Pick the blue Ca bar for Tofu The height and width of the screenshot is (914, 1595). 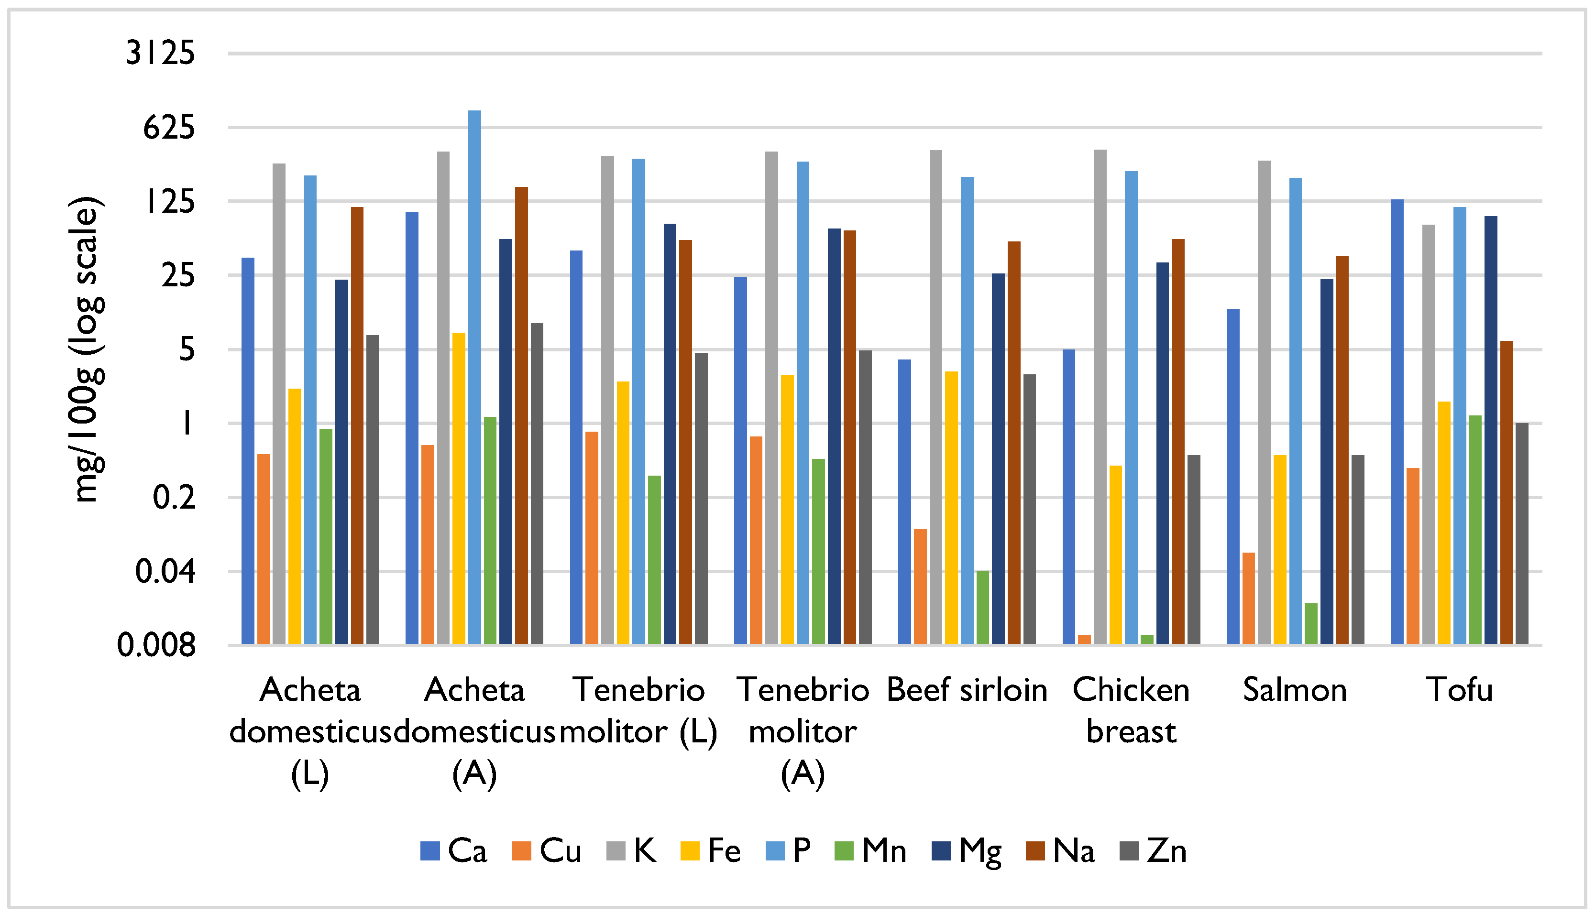pyautogui.click(x=1397, y=421)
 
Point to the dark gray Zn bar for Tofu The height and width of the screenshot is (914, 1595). pyautogui.click(x=1521, y=533)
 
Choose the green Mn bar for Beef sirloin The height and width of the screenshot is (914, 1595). pyautogui.click(x=982, y=607)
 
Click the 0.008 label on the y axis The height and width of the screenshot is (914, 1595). pyautogui.click(x=156, y=645)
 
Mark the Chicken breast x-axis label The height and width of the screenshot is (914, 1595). pyautogui.click(x=1131, y=711)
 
